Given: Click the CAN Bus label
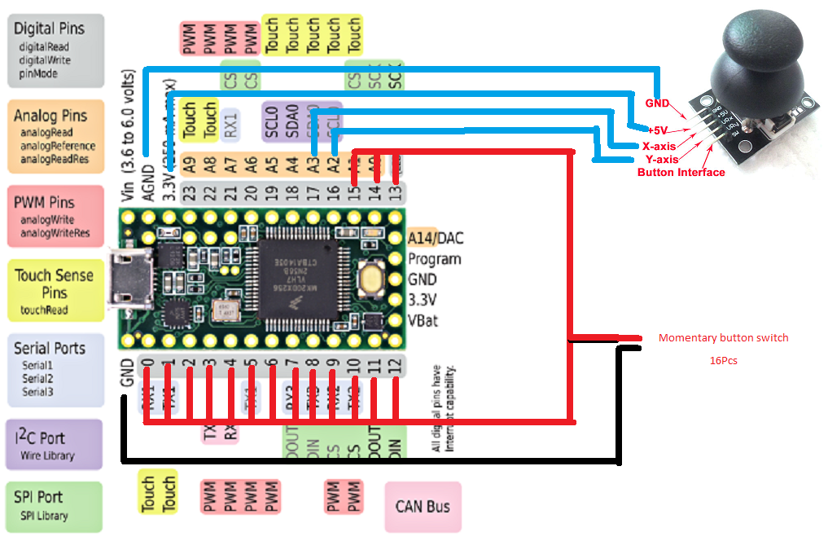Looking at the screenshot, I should pos(423,506).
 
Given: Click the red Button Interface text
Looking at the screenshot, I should pos(681,172).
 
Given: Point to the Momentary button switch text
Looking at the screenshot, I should pos(723,337).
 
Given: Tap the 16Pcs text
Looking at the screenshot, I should pos(724,359).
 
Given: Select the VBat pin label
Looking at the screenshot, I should pos(422,320).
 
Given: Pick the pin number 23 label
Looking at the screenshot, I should pos(190,194).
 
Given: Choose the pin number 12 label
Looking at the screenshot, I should pos(396,367).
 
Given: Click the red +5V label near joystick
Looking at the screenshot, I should pos(659,130).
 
